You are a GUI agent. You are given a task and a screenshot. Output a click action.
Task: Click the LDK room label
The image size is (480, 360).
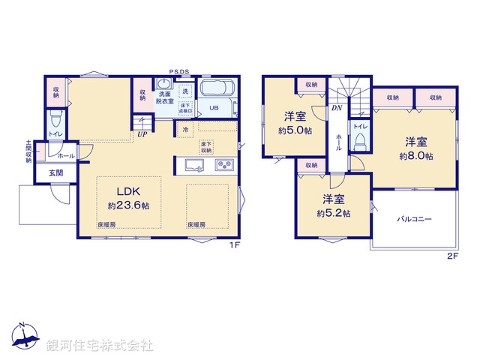pyautogui.click(x=128, y=190)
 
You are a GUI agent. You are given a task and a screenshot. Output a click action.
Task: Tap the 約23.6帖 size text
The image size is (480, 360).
pyautogui.click(x=128, y=205)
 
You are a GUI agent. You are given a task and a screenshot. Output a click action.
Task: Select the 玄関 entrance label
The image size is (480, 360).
pyautogui.click(x=56, y=173)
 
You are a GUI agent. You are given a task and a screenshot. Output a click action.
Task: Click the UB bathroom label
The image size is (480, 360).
pyautogui.click(x=214, y=108)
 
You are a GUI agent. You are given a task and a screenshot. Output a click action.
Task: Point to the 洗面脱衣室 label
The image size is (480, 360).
pyautogui.click(x=165, y=97)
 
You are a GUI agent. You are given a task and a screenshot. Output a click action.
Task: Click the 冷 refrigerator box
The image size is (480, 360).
pyautogui.click(x=186, y=129)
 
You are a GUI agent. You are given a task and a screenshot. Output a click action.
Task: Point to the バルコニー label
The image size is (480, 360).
pyautogui.click(x=414, y=219)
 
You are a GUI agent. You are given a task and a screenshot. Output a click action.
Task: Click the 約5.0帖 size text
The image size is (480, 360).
pyautogui.click(x=294, y=130)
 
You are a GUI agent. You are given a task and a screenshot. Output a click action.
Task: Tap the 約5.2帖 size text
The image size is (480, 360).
pyautogui.click(x=333, y=213)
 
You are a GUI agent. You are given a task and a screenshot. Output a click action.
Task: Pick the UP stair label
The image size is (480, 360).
pyautogui.click(x=141, y=135)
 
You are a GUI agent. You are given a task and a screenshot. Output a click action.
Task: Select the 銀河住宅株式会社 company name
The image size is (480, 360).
pyautogui.click(x=99, y=346)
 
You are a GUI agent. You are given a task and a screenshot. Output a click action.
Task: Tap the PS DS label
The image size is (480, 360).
pyautogui.click(x=179, y=72)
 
